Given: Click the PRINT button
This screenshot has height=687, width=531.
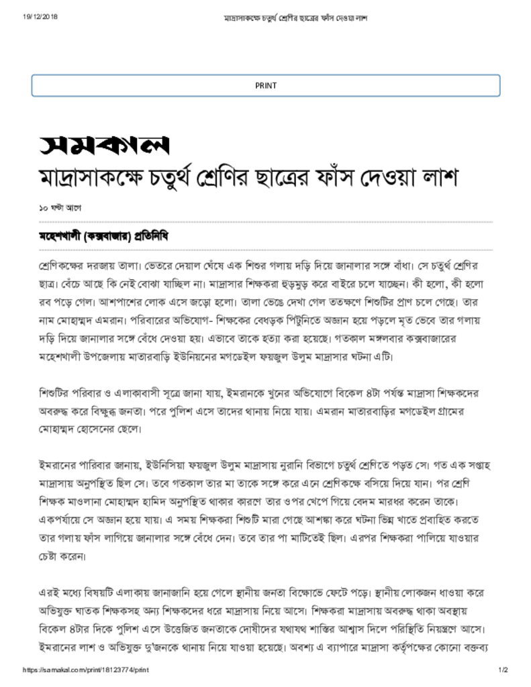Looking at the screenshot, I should tap(265, 85).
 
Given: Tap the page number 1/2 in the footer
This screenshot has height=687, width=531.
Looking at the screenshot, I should tap(503, 670).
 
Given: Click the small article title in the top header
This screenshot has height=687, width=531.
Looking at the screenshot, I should tap(295, 17).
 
